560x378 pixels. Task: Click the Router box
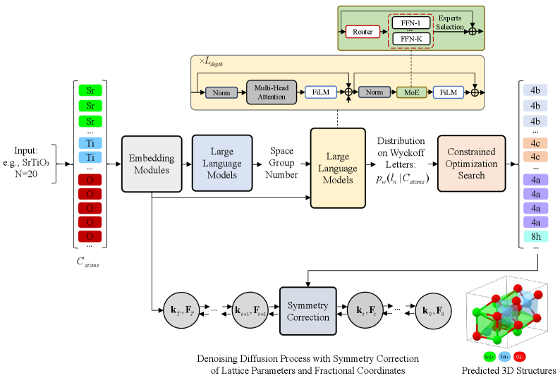363,31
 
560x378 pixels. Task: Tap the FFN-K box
410,39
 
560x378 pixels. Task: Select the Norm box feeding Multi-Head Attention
221,92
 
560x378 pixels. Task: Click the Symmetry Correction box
308,311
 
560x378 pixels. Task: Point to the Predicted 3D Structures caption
509,370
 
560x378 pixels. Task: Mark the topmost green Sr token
90,90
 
